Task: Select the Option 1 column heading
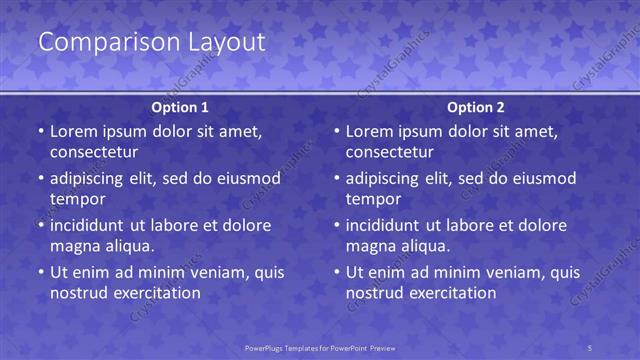(180, 107)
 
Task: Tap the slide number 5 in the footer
(589, 347)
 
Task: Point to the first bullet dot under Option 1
(41, 132)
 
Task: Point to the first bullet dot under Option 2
(337, 132)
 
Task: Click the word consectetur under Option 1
(94, 152)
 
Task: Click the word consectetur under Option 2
(390, 152)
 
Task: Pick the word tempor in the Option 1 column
(78, 199)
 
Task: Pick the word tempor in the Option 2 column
(374, 199)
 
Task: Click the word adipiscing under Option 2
(390, 178)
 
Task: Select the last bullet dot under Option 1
(41, 272)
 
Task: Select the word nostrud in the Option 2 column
(375, 293)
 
